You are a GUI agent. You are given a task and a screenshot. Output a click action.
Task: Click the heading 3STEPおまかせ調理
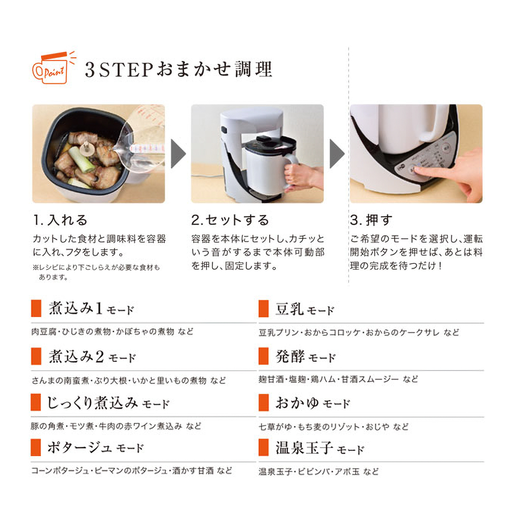point(178,69)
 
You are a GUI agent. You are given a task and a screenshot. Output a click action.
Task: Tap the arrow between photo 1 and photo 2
point(178,153)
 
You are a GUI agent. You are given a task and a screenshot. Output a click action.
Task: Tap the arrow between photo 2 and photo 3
point(337,153)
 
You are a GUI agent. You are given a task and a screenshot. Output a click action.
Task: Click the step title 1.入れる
point(60,220)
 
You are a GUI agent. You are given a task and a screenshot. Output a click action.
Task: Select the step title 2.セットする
point(230,220)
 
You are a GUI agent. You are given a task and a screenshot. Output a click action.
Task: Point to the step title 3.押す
point(371,220)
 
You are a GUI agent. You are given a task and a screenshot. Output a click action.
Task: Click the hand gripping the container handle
point(300,176)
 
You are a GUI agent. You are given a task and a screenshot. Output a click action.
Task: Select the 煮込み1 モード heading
point(91,309)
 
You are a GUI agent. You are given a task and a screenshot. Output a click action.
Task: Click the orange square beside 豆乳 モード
point(263,309)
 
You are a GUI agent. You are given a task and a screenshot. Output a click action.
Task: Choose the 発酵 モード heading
point(305,356)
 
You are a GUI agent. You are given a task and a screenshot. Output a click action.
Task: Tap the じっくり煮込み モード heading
point(108,403)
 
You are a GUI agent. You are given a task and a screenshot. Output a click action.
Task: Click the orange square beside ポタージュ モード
point(36,448)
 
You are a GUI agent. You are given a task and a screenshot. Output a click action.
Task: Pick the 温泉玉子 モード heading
point(320,448)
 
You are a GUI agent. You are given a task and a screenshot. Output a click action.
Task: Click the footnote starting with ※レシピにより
point(96,272)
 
